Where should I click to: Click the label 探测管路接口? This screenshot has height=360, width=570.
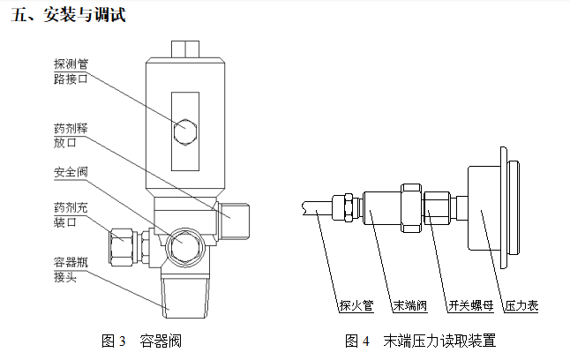click(71, 71)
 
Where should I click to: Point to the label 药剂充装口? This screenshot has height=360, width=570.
click(71, 215)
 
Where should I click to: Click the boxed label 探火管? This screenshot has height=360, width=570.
click(356, 306)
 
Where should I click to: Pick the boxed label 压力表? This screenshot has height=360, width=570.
click(521, 306)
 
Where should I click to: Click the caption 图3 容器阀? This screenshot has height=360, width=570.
click(142, 340)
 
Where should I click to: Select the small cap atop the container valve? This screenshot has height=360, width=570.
click(185, 46)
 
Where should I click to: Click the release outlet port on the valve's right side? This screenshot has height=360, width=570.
click(236, 221)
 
